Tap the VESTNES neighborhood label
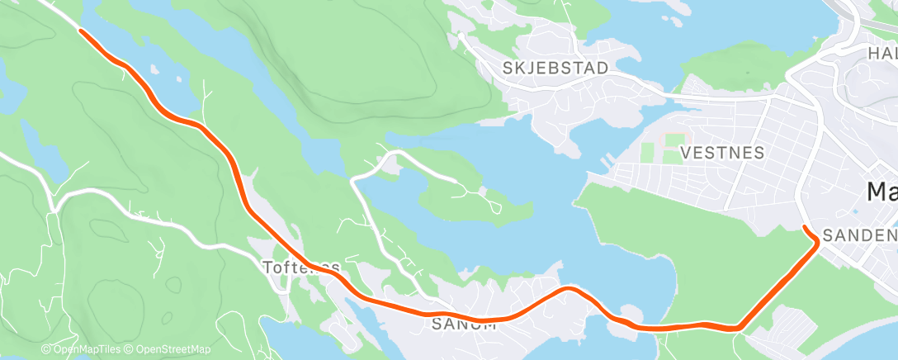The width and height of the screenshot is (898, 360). tap(722, 153)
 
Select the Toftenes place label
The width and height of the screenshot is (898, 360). tap(300, 268)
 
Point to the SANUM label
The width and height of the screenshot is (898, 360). tap(464, 324)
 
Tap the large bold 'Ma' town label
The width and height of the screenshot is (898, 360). tap(881, 192)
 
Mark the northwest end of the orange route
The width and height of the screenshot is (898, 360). tap(81, 31)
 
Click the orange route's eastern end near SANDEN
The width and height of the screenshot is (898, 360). tap(805, 227)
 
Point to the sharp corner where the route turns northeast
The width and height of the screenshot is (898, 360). tap(738, 328)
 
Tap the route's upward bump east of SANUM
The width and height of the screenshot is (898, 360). tap(568, 289)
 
